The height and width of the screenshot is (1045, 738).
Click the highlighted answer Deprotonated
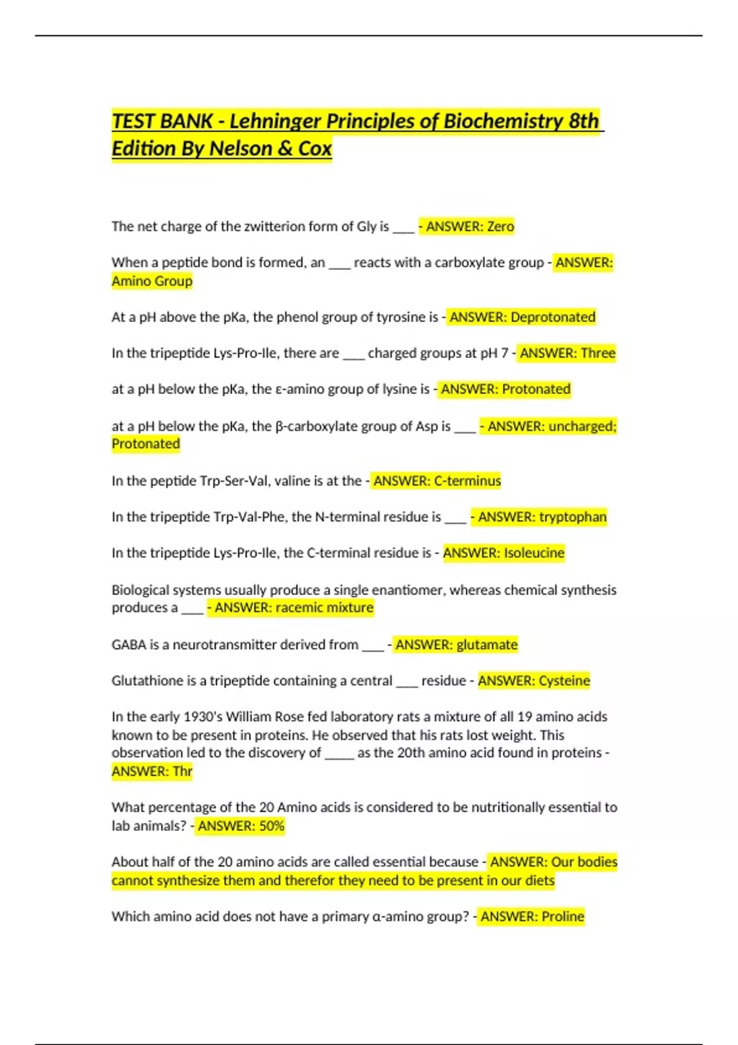pos(553,317)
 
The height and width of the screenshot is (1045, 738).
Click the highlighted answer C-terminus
pos(467,481)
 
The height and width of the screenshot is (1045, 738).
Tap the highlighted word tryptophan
pos(573,517)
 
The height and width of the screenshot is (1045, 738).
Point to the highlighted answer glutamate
pos(486,644)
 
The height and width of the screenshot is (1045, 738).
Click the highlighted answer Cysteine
pos(564,680)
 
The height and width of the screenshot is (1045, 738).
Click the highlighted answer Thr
pos(183,771)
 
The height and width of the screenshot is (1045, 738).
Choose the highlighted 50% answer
pos(271,826)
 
